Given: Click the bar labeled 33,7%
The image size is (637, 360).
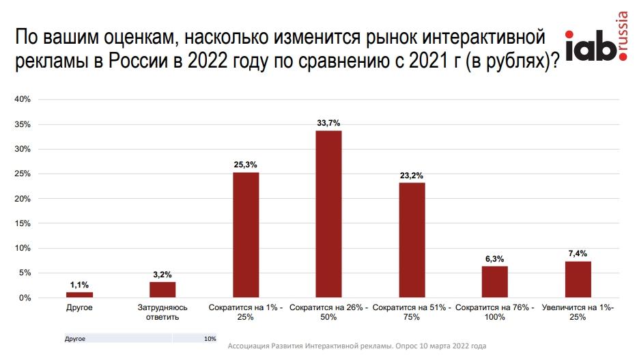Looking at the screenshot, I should pos(328,214).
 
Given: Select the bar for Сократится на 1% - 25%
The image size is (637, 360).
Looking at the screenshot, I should pos(246,235).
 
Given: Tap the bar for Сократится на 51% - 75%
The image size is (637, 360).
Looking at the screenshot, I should pos(412,240).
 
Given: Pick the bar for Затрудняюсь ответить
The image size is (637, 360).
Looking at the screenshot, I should pos(162,290).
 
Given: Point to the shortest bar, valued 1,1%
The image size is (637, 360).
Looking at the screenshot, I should pos(79,295).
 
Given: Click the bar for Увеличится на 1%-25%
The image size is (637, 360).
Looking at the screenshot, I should pos(578,279).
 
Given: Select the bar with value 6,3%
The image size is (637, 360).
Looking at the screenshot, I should pos(494,282).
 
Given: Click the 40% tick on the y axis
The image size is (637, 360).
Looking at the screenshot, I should pos(23,100).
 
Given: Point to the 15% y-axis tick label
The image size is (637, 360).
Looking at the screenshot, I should pos(23,223).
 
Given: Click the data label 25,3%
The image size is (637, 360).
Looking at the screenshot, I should pos(246,165).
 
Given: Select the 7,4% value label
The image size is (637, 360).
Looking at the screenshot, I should pos(578,253).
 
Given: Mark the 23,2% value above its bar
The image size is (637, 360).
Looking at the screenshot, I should pos(412,175).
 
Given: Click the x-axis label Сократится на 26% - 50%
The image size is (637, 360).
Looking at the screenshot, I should pos(328,313).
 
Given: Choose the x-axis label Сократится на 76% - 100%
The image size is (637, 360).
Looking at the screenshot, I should pos(494,313).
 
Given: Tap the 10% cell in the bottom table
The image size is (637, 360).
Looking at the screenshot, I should pos(210,338).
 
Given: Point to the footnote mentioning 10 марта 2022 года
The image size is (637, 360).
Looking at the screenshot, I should pos(356,346).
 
